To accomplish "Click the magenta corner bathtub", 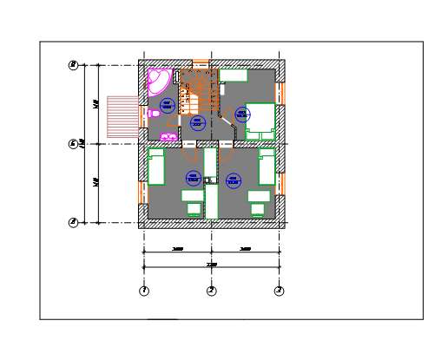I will coord(158,80).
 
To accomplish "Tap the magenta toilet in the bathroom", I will coord(154,113).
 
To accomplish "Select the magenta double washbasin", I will coord(168,136).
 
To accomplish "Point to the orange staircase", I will coord(197,92).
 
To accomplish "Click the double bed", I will coord(260,121).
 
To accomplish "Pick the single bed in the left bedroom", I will coord(156,167).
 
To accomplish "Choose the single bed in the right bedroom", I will coord(267,167).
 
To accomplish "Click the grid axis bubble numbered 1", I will coord(144,291).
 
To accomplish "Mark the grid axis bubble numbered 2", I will coord(211,291).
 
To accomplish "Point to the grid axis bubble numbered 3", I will coord(279,291).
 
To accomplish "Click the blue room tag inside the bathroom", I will coord(168,105).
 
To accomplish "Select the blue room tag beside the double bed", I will coord(242,114).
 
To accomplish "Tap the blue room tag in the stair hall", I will coord(197,123).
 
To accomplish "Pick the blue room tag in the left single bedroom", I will coord(193,179).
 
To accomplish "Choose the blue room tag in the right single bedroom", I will coord(233,180).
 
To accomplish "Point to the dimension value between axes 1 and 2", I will coord(177,249).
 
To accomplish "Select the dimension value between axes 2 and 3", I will coord(245,249).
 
